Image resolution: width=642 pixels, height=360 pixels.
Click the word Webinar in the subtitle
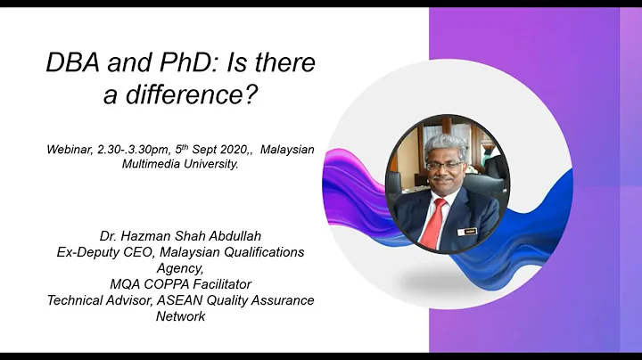69,149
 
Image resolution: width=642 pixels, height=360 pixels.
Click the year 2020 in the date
231,149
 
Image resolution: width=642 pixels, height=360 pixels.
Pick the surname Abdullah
233,236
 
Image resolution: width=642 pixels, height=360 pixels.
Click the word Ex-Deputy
86,252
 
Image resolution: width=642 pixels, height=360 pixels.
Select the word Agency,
180,267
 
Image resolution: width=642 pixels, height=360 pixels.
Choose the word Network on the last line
180,316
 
